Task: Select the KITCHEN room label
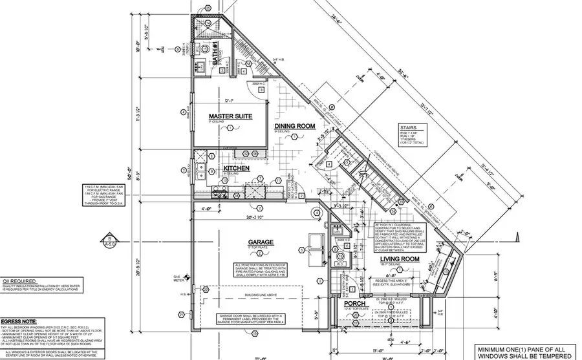(237, 169)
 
